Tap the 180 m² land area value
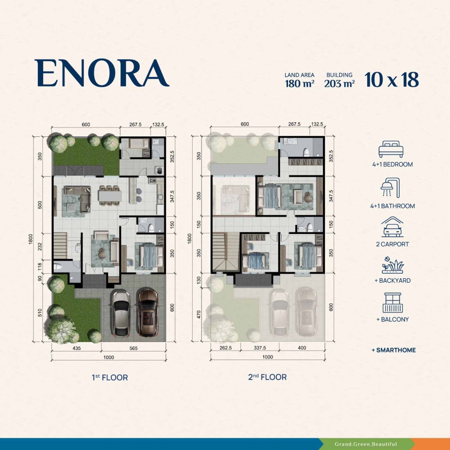(300, 84)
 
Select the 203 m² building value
(339, 84)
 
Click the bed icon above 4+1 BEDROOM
(391, 149)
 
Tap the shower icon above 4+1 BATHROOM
(390, 188)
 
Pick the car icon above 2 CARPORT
(392, 227)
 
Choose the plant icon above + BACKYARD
(393, 265)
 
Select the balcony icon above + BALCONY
(393, 303)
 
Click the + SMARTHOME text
(393, 350)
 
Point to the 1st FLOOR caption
(110, 377)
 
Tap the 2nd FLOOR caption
(267, 377)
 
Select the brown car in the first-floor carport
(147, 312)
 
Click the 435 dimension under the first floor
(76, 348)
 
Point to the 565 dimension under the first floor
(134, 348)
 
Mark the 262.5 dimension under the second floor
(226, 348)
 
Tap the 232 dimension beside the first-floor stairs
(40, 247)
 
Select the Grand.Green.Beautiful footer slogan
(366, 444)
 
